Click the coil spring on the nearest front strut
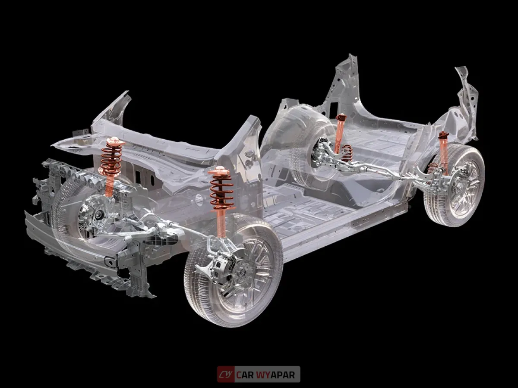point(221,192)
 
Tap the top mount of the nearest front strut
point(219,171)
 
